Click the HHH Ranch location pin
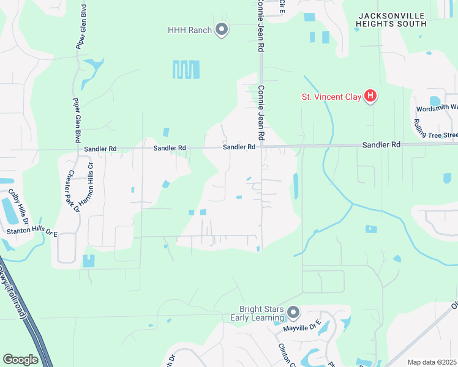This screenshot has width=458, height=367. [x=222, y=29]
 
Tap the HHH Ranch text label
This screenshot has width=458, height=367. [x=189, y=30]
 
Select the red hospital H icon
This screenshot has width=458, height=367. [x=370, y=95]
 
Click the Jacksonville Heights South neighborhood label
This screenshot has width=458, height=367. [x=391, y=20]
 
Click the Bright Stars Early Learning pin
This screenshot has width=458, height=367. [x=293, y=313]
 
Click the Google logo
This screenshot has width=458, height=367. [x=20, y=360]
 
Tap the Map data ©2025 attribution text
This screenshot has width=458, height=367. [x=432, y=362]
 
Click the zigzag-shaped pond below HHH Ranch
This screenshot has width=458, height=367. [x=186, y=69]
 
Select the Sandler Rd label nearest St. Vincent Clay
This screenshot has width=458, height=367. [x=381, y=145]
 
